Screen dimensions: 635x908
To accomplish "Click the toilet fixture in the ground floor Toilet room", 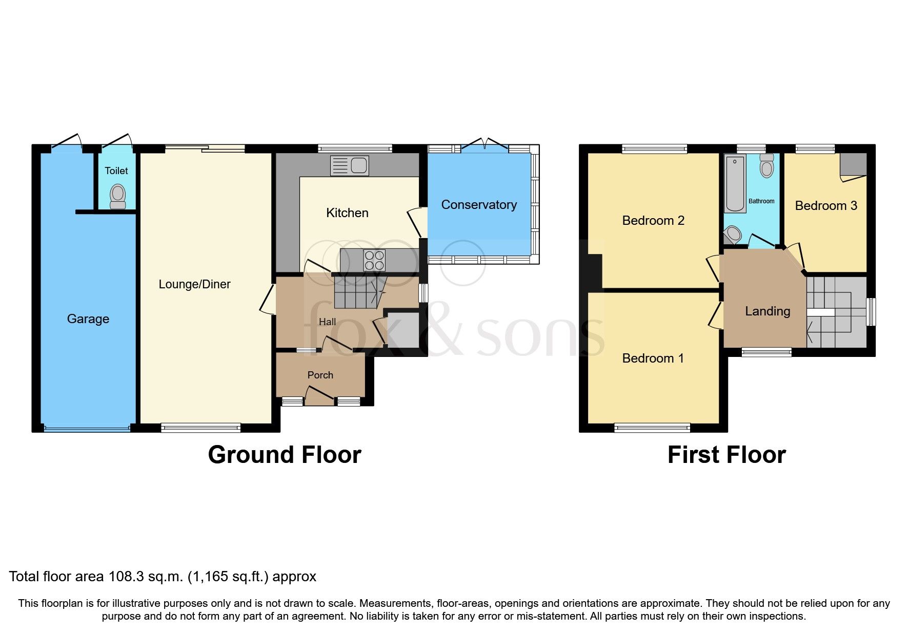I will (118, 197).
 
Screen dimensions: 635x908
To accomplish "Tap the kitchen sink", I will (350, 165).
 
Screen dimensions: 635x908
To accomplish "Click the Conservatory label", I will (479, 205).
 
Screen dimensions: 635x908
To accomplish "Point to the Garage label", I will (88, 319).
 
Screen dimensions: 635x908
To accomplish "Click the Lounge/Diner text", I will (194, 284).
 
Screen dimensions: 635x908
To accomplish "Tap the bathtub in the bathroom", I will (735, 184).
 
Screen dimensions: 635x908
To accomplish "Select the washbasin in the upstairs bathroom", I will (733, 236).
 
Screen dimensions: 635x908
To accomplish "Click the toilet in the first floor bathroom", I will (766, 166).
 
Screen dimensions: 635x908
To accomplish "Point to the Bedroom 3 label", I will (825, 206).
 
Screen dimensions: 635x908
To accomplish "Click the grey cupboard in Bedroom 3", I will (853, 164).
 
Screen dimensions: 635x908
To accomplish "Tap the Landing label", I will (767, 311).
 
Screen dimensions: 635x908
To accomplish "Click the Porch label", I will (320, 375).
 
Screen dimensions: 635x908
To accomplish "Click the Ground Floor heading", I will (285, 455).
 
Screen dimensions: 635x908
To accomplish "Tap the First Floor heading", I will (727, 455).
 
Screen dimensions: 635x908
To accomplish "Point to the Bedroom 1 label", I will (653, 358).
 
